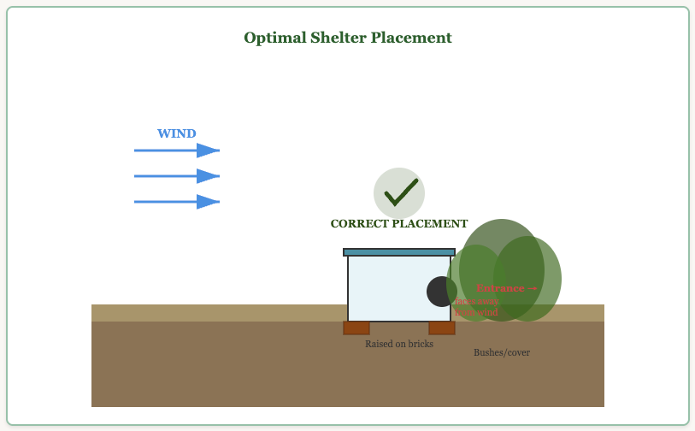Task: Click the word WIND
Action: (x=176, y=134)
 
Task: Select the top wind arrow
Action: (x=177, y=151)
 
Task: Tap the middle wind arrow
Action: (x=177, y=176)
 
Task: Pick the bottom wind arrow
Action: (x=177, y=202)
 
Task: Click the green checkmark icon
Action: (x=399, y=192)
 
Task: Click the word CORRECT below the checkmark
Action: (x=359, y=224)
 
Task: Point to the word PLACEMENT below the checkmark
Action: (x=429, y=224)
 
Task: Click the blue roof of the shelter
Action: (x=399, y=252)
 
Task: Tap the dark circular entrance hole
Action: (x=440, y=292)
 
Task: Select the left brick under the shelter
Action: (x=356, y=328)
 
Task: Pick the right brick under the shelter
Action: (x=442, y=328)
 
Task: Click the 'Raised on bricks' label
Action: (x=399, y=344)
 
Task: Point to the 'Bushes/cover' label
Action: (x=502, y=352)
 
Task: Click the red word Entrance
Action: (x=500, y=289)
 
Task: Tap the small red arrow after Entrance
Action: (x=533, y=289)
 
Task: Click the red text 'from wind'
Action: (x=476, y=313)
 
